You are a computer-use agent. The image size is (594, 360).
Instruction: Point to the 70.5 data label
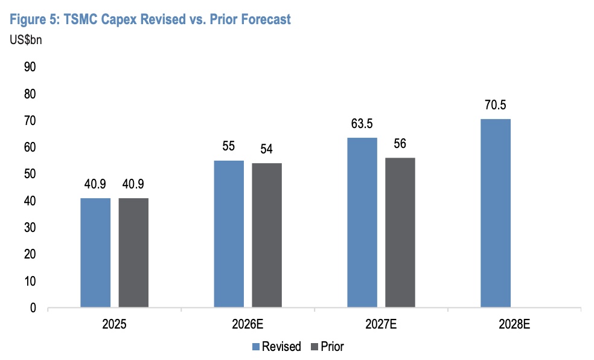click(x=496, y=105)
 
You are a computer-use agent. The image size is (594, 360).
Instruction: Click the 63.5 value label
click(x=362, y=124)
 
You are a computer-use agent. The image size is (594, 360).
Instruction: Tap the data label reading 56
click(x=400, y=144)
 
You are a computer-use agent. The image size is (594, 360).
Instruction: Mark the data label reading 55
click(x=229, y=147)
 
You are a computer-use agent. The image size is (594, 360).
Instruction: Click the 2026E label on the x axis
click(x=247, y=324)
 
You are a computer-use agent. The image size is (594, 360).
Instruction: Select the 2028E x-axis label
click(x=514, y=324)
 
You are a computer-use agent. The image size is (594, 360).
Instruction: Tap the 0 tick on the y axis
click(x=33, y=308)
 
